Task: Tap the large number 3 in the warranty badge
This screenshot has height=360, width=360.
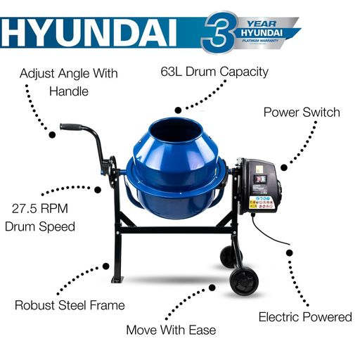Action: [x=219, y=32]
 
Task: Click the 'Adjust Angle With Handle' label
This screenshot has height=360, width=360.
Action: [x=68, y=82]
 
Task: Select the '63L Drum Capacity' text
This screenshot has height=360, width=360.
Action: [x=224, y=72]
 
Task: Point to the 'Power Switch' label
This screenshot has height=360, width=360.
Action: [x=301, y=112]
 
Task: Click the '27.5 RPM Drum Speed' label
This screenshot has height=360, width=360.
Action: [x=43, y=217]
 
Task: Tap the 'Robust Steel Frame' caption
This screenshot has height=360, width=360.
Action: [x=70, y=305]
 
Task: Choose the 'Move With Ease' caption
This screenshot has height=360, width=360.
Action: [x=171, y=329]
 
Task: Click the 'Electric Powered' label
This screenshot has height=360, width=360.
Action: [x=304, y=317]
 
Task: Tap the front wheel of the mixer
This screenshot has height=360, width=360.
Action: [x=243, y=280]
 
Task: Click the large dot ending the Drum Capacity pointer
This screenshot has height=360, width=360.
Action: [x=179, y=110]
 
